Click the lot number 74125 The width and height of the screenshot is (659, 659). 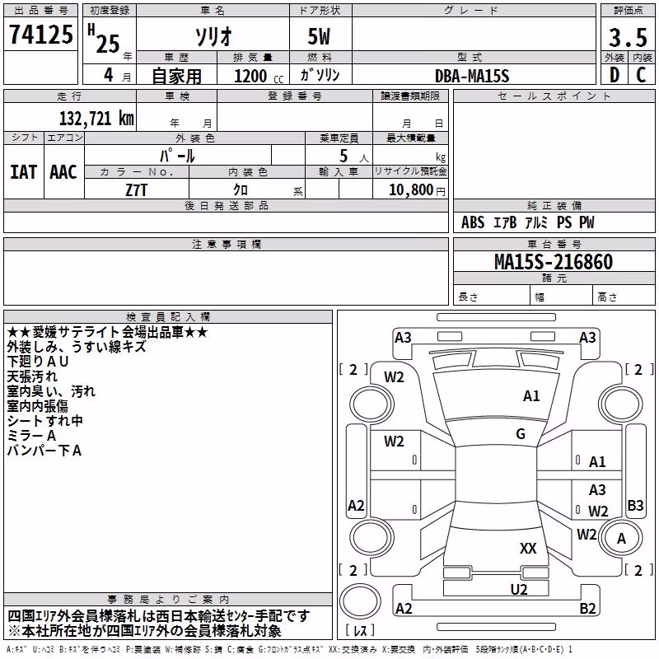coord(41,34)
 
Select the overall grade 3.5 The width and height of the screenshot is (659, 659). coord(628,37)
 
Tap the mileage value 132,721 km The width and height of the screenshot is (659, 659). coord(96,119)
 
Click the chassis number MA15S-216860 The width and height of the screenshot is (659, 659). coord(554,262)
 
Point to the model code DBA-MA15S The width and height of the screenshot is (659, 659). coord(472,76)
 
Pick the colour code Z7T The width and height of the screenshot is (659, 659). coord(137,190)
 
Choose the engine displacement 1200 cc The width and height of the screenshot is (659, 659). coord(259,76)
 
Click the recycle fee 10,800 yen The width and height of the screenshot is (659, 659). coord(417,190)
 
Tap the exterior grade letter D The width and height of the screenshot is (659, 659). coord(615,75)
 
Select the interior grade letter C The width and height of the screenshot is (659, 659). coord(641,75)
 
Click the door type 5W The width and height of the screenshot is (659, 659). coord(319,36)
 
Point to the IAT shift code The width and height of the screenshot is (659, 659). coord(24,172)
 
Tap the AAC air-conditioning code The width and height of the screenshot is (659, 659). coord(63,172)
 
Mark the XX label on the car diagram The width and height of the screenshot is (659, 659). coord(528,549)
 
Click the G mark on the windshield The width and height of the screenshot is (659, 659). coord(521,434)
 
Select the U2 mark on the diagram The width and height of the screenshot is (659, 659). coord(519,590)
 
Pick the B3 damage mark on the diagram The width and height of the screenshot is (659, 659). coord(635,506)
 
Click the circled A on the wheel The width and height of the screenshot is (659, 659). coord(621,539)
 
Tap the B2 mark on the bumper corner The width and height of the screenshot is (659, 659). coord(587,609)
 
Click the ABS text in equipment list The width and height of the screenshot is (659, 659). coord(473,222)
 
